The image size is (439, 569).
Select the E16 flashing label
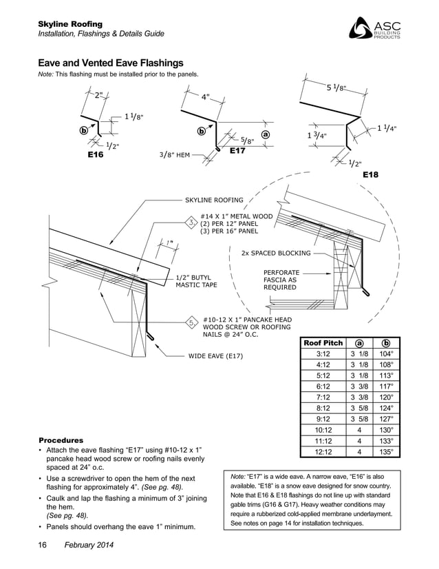95,156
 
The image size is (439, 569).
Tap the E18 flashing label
371,176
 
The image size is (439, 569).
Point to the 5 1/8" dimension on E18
336,87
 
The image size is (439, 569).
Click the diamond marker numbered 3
191,223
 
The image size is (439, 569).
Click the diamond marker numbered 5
191,322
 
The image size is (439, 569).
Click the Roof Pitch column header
323,343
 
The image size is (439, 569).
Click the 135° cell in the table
387,452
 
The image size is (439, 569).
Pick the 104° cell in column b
387,354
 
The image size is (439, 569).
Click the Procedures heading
61,439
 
